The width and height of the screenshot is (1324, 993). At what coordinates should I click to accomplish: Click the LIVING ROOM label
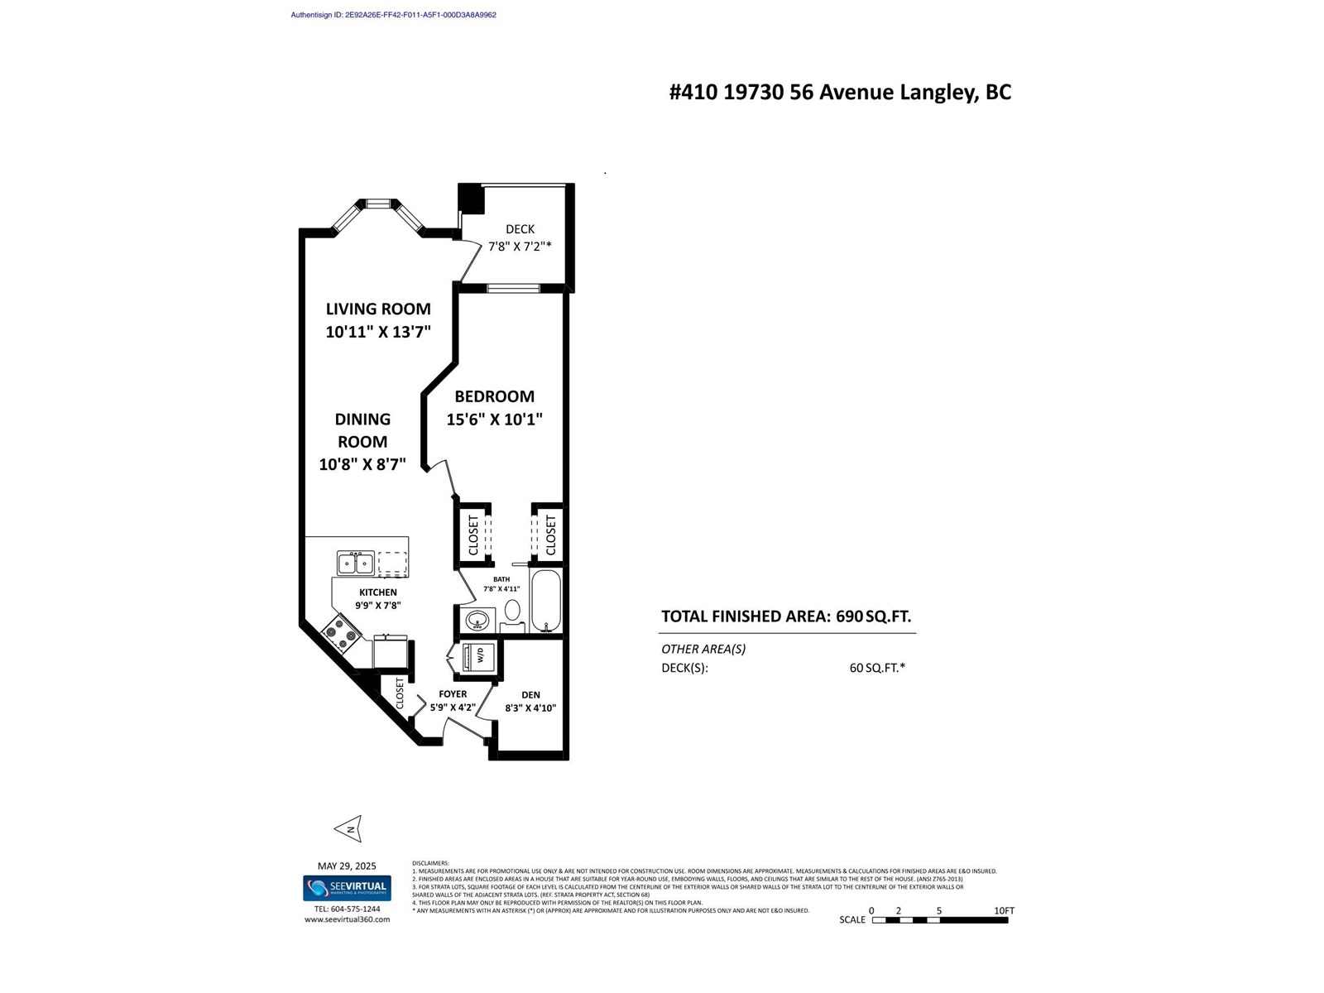(x=378, y=309)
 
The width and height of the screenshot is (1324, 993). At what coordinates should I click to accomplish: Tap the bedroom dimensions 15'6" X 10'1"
(x=494, y=420)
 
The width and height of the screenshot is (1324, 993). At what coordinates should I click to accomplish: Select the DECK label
(x=520, y=229)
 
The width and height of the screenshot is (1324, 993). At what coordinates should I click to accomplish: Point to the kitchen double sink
(x=356, y=564)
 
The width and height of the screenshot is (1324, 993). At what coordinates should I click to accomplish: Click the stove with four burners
(x=341, y=634)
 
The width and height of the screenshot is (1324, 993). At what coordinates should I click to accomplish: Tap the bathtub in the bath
(x=545, y=601)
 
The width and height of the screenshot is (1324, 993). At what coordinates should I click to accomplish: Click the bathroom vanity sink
(x=477, y=619)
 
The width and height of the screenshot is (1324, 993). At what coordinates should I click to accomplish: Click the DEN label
(x=530, y=695)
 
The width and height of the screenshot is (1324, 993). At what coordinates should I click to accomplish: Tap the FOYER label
(x=453, y=694)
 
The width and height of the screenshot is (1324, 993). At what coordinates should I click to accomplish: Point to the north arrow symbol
(x=348, y=828)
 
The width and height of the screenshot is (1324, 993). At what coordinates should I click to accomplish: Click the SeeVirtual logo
(x=347, y=888)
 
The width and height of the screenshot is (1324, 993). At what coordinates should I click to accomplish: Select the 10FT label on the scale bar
(x=1004, y=910)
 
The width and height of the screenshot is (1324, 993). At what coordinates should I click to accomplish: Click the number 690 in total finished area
(x=849, y=616)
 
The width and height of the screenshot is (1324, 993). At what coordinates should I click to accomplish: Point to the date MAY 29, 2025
(x=347, y=866)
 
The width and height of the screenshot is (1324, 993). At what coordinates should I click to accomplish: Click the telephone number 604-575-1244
(x=347, y=909)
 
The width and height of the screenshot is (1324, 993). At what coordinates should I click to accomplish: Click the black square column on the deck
(x=472, y=199)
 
